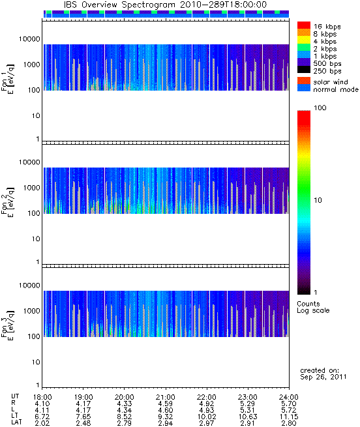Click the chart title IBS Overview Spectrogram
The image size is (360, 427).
[x=119, y=5]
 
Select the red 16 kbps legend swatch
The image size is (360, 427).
[x=304, y=25]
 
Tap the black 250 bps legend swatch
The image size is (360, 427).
[x=304, y=70]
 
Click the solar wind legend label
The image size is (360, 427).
[x=331, y=82]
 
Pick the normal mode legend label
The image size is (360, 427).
[x=336, y=89]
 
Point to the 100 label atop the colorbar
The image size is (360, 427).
[x=320, y=108]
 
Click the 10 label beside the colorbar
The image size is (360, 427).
[x=318, y=200]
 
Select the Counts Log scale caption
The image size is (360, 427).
[x=313, y=307]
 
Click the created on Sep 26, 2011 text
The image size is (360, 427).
[x=323, y=374]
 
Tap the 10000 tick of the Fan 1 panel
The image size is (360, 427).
[x=29, y=39]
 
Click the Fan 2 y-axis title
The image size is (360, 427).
[x=8, y=202]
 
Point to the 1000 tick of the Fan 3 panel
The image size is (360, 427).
[x=31, y=311]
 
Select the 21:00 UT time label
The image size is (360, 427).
[x=166, y=397]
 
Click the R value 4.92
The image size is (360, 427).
[x=207, y=404]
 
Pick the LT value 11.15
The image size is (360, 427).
[x=289, y=417]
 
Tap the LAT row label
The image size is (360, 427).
[x=16, y=422]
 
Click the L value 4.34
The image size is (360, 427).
[x=125, y=410]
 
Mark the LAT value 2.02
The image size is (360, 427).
[x=42, y=423]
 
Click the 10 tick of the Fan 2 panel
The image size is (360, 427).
[x=36, y=239]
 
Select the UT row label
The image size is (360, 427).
[x=15, y=396]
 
